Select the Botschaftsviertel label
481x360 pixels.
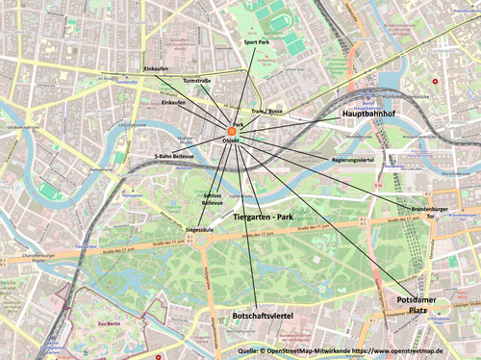[x=263, y=314]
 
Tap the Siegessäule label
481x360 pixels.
[x=199, y=229]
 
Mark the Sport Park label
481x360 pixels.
[x=257, y=43]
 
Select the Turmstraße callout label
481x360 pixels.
[x=196, y=81]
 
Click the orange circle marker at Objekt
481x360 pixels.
[x=232, y=130]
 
